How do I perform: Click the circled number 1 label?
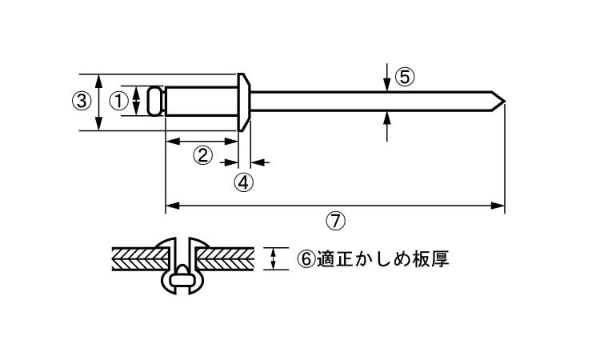[118, 102]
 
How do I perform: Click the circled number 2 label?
[204, 154]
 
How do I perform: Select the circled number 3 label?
[81, 102]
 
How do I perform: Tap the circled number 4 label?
[244, 181]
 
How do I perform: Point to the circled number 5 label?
[405, 77]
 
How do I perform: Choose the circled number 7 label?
[336, 218]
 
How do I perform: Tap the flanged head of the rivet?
[245, 102]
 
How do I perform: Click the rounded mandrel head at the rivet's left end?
[157, 102]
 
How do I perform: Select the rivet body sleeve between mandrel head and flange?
[202, 102]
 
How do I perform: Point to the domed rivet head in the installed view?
[183, 242]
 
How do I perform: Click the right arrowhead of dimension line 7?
[501, 206]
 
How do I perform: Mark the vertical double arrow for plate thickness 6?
[275, 258]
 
